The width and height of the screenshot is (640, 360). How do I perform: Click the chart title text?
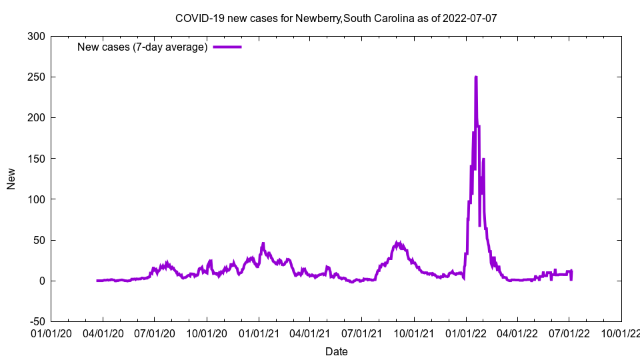(x=336, y=18)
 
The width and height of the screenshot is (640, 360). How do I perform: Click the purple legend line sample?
(x=227, y=47)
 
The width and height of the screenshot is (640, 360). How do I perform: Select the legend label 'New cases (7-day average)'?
(x=143, y=47)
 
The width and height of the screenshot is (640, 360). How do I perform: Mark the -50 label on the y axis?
(x=36, y=321)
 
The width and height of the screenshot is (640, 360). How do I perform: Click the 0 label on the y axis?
(x=42, y=281)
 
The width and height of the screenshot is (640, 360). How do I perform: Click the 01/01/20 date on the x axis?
(x=51, y=332)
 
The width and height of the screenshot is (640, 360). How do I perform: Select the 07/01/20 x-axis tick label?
(x=155, y=332)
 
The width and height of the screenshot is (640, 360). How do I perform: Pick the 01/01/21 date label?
(x=259, y=332)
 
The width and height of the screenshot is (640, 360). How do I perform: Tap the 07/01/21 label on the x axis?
(x=362, y=332)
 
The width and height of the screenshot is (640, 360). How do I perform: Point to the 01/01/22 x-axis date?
(x=465, y=332)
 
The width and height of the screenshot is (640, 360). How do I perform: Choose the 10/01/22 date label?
(x=621, y=332)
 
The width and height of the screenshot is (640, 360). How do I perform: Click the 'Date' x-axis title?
(x=336, y=351)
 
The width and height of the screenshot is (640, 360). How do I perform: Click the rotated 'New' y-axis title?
(x=11, y=179)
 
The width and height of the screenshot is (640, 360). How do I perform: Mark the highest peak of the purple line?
(x=475, y=77)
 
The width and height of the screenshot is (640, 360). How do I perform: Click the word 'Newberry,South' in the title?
(x=330, y=18)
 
